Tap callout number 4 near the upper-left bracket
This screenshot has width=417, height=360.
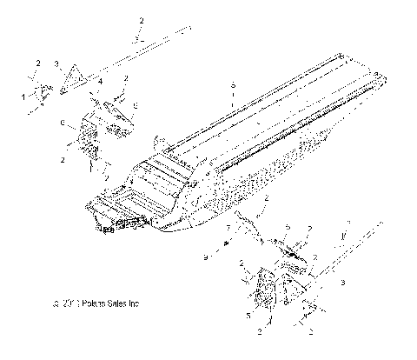100,83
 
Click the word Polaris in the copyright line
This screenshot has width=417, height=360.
95,304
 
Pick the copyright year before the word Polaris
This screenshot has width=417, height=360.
70,304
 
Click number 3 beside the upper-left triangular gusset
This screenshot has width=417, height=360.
56,64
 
